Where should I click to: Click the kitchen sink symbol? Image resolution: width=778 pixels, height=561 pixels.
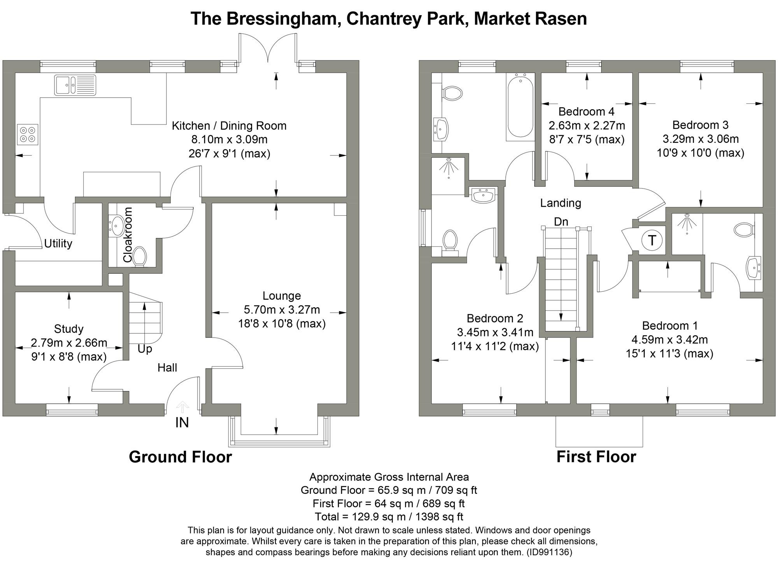pyautogui.click(x=75, y=85)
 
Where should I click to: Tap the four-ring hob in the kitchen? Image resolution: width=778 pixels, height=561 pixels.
pyautogui.click(x=28, y=134)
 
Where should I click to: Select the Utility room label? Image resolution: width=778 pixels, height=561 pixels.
pyautogui.click(x=58, y=244)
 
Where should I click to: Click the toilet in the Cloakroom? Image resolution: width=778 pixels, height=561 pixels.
pyautogui.click(x=139, y=257)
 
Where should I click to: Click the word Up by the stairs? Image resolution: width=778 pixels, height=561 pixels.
pyautogui.click(x=145, y=349)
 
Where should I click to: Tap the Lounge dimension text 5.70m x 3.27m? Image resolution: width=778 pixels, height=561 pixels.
pyautogui.click(x=282, y=310)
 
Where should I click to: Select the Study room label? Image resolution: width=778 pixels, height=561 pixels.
pyautogui.click(x=68, y=329)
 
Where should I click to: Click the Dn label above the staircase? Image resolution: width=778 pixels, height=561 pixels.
pyautogui.click(x=561, y=221)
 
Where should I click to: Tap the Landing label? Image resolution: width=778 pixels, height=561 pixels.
pyautogui.click(x=561, y=203)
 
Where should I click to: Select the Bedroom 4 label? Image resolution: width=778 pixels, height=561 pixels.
pyautogui.click(x=586, y=112)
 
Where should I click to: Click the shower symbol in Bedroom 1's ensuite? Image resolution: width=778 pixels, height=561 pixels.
pyautogui.click(x=687, y=223)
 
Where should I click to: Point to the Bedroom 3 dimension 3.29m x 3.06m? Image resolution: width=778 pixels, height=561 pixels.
pyautogui.click(x=700, y=139)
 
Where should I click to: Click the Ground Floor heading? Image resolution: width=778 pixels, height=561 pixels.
pyautogui.click(x=180, y=457)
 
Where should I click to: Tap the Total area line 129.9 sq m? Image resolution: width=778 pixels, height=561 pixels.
pyautogui.click(x=389, y=517)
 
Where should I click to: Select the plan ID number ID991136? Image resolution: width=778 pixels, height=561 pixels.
pyautogui.click(x=549, y=552)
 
